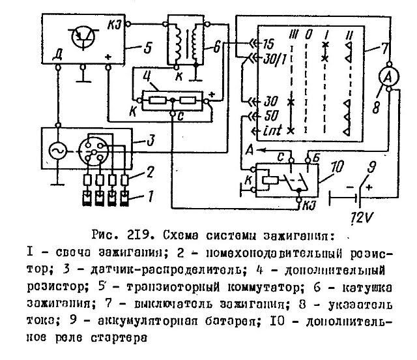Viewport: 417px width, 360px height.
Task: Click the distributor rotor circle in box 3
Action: [94, 152]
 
